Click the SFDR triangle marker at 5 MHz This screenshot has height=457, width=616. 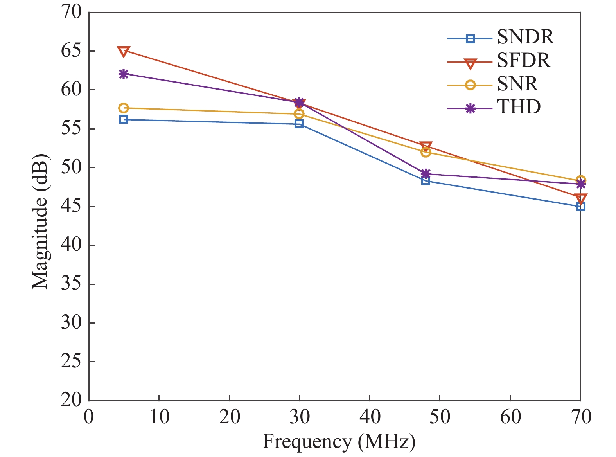pyautogui.click(x=124, y=51)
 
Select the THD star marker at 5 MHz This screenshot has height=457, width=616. pyautogui.click(x=124, y=74)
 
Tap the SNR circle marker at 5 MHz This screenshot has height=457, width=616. pyautogui.click(x=124, y=108)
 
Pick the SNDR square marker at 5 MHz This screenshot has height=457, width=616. pyautogui.click(x=124, y=119)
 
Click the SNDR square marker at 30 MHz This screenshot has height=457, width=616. pyautogui.click(x=299, y=124)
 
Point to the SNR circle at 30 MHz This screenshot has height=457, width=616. pyautogui.click(x=299, y=114)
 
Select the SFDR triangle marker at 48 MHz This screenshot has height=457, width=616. pyautogui.click(x=426, y=147)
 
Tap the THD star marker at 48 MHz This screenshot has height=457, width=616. pyautogui.click(x=426, y=174)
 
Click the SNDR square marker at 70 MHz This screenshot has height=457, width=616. pyautogui.click(x=581, y=207)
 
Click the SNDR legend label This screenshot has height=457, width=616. pyautogui.click(x=526, y=37)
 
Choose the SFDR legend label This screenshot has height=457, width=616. pyautogui.click(x=524, y=60)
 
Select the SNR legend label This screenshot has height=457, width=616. pyautogui.click(x=518, y=84)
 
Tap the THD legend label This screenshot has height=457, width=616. pyautogui.click(x=519, y=107)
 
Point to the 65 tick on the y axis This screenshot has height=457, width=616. pyautogui.click(x=71, y=51)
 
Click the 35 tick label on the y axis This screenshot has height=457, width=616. pyautogui.click(x=71, y=284)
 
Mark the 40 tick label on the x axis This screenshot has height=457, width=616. pyautogui.click(x=370, y=417)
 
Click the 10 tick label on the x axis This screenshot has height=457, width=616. pyautogui.click(x=159, y=417)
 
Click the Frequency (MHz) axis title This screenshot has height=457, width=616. pyautogui.click(x=339, y=442)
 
